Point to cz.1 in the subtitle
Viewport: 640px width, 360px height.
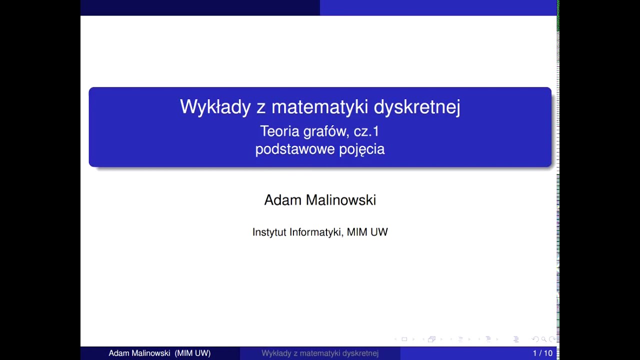tap(366, 131)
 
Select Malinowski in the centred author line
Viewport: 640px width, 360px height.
tap(341, 200)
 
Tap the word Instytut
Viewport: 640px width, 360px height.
tap(269, 232)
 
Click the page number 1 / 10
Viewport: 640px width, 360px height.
tap(542, 353)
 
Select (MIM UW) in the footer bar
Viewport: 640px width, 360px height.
tap(192, 353)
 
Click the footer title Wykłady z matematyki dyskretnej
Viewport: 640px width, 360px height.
tap(320, 353)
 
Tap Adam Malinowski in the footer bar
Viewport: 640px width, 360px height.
tap(139, 353)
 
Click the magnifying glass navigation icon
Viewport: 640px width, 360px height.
tap(543, 339)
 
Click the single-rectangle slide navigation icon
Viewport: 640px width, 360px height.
tap(404, 339)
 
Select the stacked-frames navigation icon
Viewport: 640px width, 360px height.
tap(431, 339)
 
